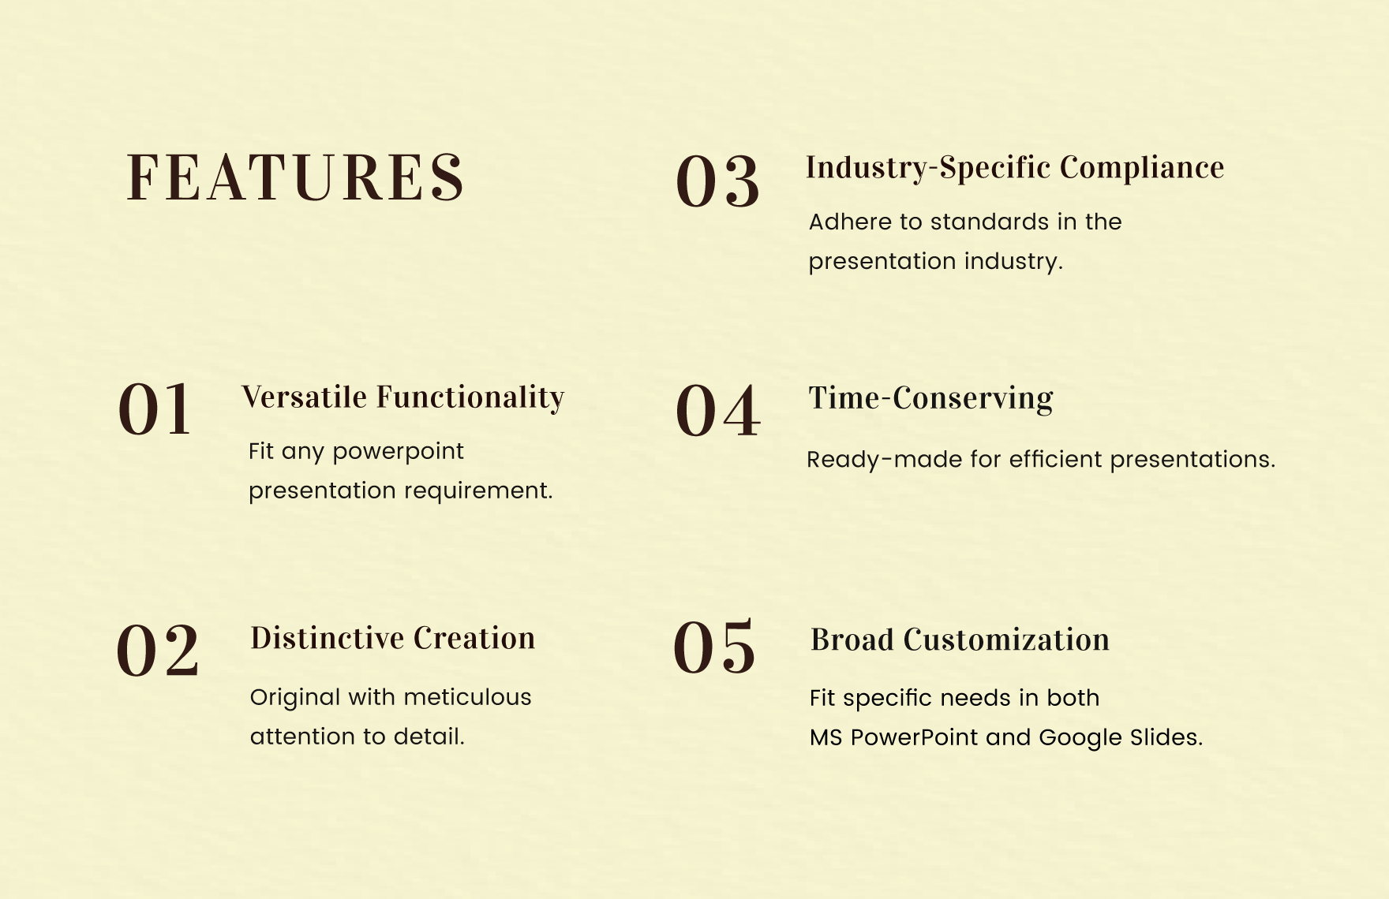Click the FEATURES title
click(x=295, y=178)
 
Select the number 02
click(x=158, y=651)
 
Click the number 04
click(x=717, y=412)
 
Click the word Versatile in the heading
click(x=305, y=397)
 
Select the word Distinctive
click(x=327, y=639)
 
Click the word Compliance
click(x=1142, y=168)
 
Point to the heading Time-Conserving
click(x=930, y=399)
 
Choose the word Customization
click(x=1006, y=640)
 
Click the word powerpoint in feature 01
click(x=398, y=453)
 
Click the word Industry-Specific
click(x=928, y=168)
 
